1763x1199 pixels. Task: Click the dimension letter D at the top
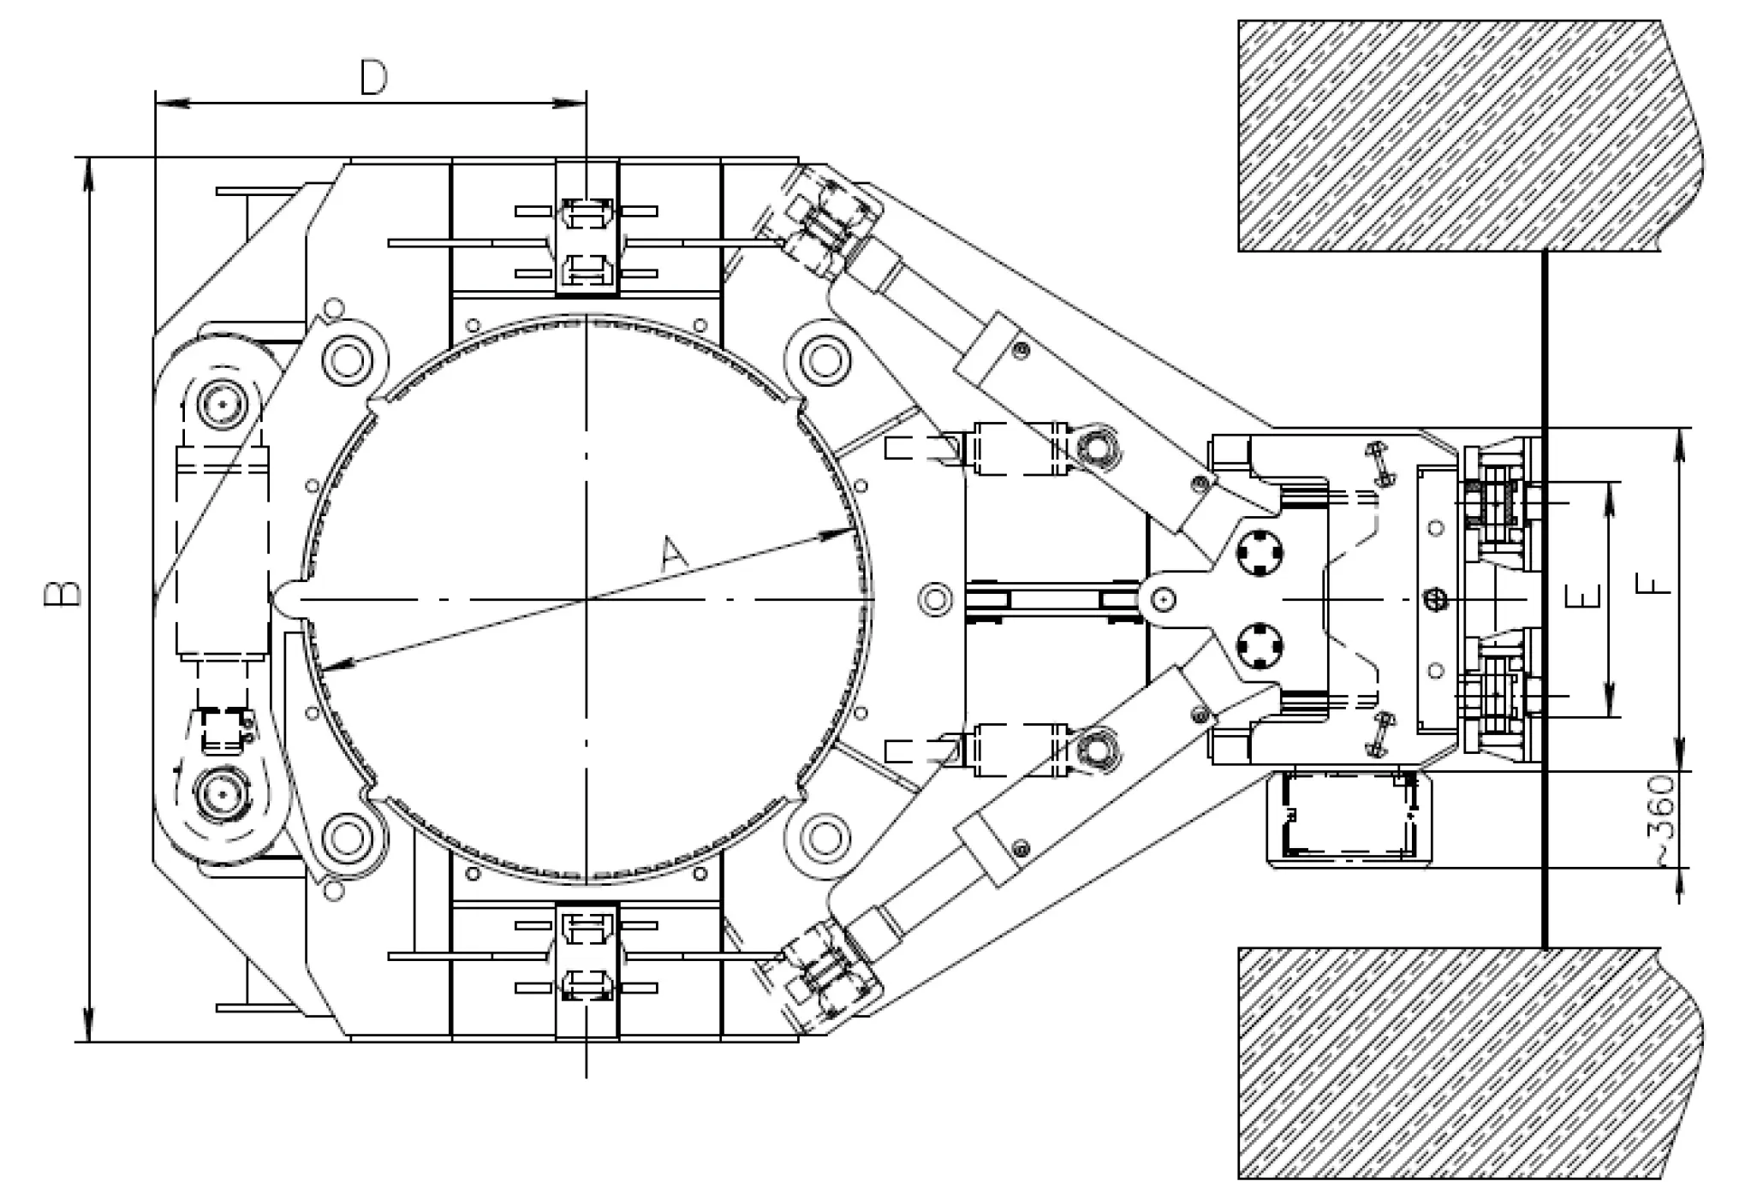click(373, 79)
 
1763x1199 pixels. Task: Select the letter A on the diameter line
click(674, 555)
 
